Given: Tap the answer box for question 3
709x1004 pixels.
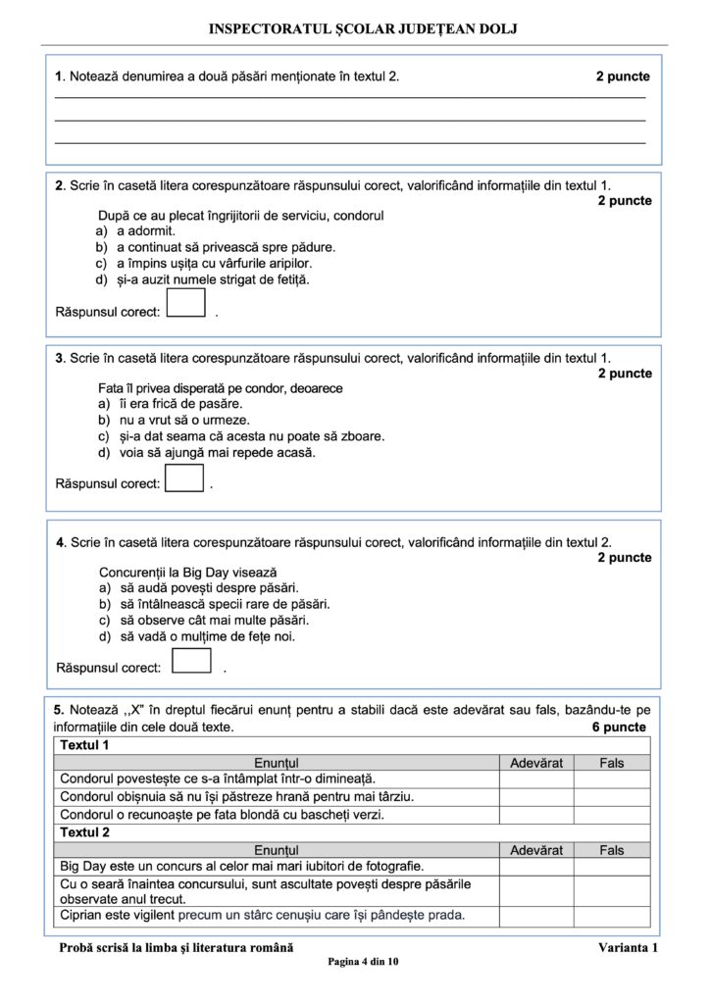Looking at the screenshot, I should point(183,477).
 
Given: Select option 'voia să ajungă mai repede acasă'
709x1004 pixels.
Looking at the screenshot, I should point(206,453).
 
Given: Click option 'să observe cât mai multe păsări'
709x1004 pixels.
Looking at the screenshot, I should point(205,620).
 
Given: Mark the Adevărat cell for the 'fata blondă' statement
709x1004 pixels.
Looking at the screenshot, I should point(536,814).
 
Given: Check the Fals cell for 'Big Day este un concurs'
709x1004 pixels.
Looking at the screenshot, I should point(612,867).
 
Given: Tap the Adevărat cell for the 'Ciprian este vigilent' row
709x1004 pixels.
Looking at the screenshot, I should point(536,916).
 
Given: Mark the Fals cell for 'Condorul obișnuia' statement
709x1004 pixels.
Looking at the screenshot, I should point(612,796).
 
